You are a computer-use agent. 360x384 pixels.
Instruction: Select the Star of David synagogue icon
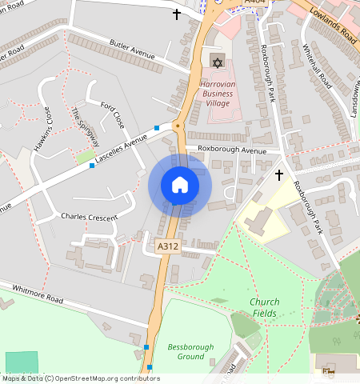pyautogui.click(x=217, y=62)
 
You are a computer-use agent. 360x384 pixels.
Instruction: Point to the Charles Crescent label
pyautogui.click(x=89, y=217)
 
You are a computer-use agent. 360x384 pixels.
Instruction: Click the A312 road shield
pyautogui.click(x=168, y=247)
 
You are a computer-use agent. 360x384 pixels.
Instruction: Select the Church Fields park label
pyautogui.click(x=264, y=307)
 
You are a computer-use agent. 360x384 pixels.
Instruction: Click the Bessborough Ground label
pyautogui.click(x=186, y=351)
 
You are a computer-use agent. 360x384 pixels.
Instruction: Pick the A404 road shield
pyautogui.click(x=254, y=3)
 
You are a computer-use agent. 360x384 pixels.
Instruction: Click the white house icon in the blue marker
pyautogui.click(x=180, y=185)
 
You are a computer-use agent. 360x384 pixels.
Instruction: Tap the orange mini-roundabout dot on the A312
pyautogui.click(x=177, y=126)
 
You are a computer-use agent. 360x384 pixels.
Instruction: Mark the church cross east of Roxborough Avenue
pyautogui.click(x=279, y=174)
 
